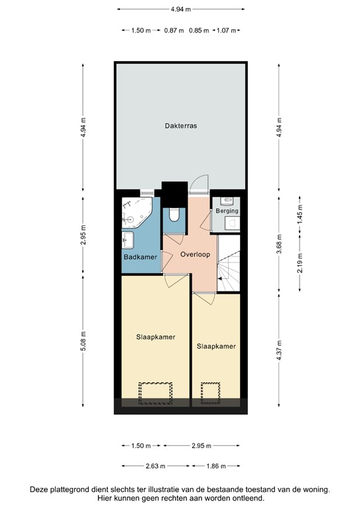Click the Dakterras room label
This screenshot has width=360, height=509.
(x=181, y=125)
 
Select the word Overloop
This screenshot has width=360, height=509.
(x=196, y=253)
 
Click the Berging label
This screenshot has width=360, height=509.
(x=227, y=211)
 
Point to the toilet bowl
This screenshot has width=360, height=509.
(x=174, y=215)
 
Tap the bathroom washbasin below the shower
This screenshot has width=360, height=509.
(x=128, y=239)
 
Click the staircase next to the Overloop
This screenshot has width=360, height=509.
(x=231, y=268)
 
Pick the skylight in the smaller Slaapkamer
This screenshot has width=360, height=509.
(x=211, y=392)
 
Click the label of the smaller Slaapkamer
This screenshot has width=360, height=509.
(x=215, y=346)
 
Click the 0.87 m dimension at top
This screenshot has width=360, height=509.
(x=174, y=30)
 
